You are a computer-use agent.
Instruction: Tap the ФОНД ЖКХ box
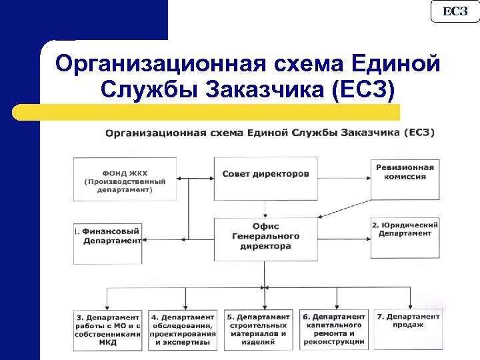(125, 179)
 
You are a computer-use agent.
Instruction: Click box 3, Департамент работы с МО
(108, 329)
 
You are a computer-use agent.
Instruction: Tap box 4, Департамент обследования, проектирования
(183, 329)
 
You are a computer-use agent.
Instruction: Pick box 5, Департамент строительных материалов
(259, 329)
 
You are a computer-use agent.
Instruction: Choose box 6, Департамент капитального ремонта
(334, 329)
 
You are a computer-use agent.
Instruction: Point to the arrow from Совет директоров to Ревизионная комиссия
(344, 178)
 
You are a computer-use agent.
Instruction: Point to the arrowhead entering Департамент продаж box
(407, 305)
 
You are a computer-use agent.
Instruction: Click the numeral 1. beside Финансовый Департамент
(77, 232)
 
